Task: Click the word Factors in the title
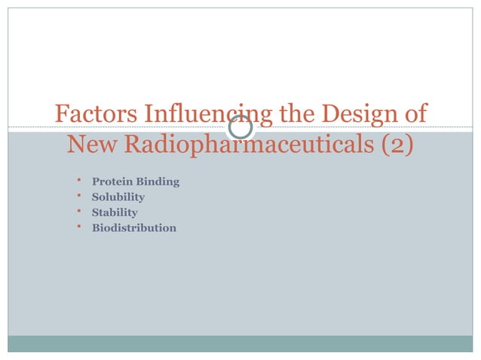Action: pyautogui.click(x=93, y=115)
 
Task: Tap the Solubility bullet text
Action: pyautogui.click(x=118, y=197)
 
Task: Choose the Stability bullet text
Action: pyautogui.click(x=115, y=212)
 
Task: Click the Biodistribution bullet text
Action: pyautogui.click(x=134, y=227)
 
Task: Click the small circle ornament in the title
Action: pyautogui.click(x=240, y=127)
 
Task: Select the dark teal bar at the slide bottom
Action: pyautogui.click(x=240, y=343)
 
